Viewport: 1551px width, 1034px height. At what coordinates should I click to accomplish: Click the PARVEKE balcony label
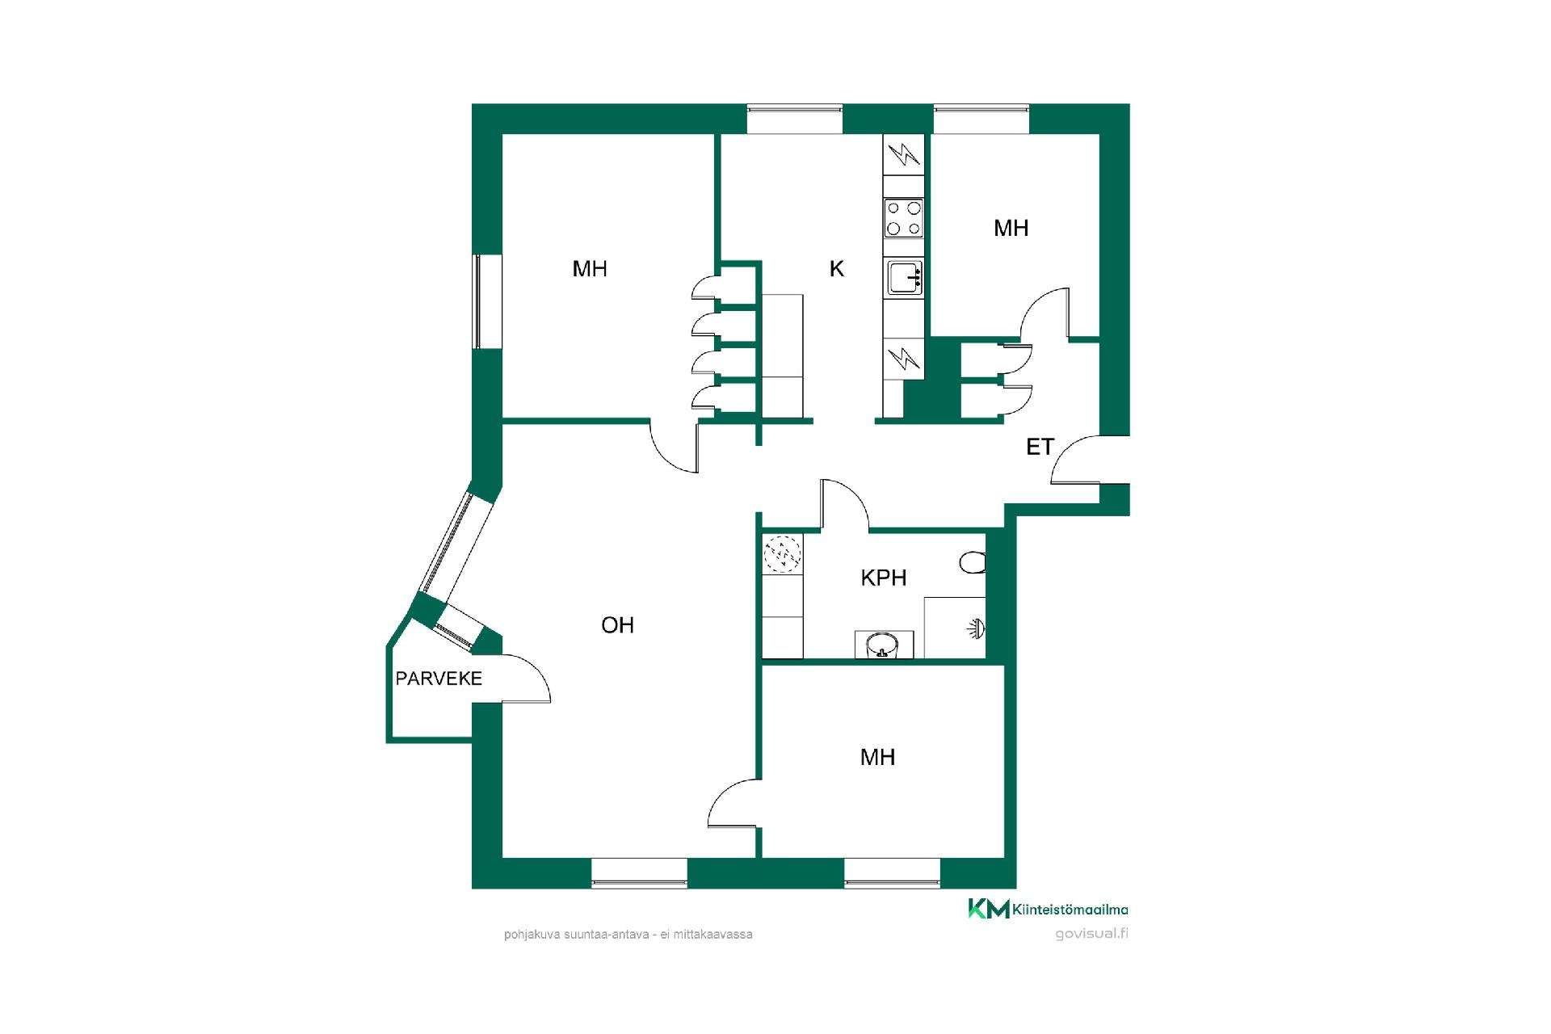click(439, 679)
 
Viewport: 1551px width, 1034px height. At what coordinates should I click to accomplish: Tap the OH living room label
click(617, 625)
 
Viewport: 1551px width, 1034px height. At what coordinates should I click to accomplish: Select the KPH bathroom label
click(884, 578)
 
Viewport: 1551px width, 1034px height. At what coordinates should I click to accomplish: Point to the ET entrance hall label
click(1040, 447)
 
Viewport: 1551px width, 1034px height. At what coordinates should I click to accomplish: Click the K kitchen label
click(837, 269)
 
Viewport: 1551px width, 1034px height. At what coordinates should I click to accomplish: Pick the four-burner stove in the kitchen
click(904, 218)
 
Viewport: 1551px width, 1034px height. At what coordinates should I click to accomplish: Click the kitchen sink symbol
click(905, 279)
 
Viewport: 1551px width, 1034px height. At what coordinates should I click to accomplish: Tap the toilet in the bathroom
click(973, 562)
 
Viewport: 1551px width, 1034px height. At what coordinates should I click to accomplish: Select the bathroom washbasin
click(883, 645)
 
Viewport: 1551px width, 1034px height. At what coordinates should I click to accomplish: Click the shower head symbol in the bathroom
click(976, 628)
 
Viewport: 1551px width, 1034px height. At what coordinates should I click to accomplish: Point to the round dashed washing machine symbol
click(783, 554)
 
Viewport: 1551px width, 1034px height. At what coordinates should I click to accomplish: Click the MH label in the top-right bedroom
click(1011, 229)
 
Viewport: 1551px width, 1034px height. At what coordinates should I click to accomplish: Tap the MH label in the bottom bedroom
click(877, 758)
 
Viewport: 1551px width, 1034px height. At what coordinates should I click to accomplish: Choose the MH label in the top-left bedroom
click(590, 269)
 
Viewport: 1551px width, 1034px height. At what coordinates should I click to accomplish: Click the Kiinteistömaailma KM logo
click(1049, 910)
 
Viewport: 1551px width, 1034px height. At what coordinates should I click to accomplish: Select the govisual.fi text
click(1091, 934)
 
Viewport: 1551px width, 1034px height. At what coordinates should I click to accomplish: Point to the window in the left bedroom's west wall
click(477, 301)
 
